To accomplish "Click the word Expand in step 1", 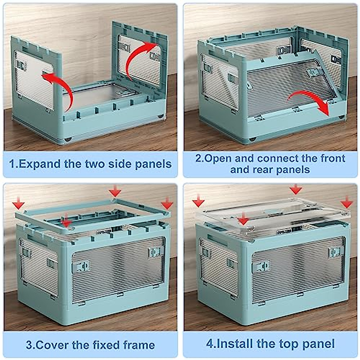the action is pos(39,164).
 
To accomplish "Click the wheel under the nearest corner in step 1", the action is pos(68,140).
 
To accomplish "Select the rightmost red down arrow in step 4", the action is pos(346,202).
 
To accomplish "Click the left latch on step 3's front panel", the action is pos(81,266).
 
